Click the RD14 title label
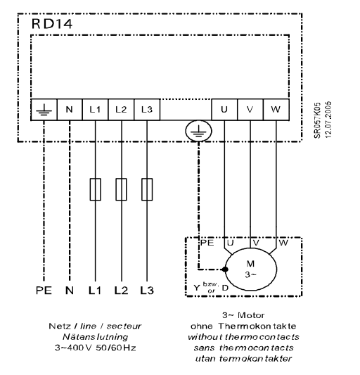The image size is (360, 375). pyautogui.click(x=51, y=24)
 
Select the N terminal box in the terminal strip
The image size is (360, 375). pyautogui.click(x=70, y=110)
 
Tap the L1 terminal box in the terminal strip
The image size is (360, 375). pyautogui.click(x=96, y=110)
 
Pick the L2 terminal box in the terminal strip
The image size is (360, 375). pyautogui.click(x=121, y=110)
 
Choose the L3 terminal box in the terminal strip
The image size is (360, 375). pyautogui.click(x=147, y=110)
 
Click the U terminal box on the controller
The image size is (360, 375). pyautogui.click(x=224, y=110)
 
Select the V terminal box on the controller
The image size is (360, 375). pyautogui.click(x=250, y=110)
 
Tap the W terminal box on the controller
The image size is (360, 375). pyautogui.click(x=276, y=110)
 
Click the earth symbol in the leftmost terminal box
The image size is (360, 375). pyautogui.click(x=44, y=110)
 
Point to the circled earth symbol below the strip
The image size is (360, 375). pyautogui.click(x=198, y=131)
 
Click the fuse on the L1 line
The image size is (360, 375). pyautogui.click(x=96, y=189)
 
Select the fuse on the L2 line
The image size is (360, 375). pyautogui.click(x=121, y=189)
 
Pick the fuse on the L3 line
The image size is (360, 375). pyautogui.click(x=147, y=189)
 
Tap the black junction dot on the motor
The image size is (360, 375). pyautogui.click(x=225, y=269)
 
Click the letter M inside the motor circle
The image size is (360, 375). pyautogui.click(x=250, y=264)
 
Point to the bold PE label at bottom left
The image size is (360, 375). pyautogui.click(x=44, y=291)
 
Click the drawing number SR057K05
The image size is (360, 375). pyautogui.click(x=317, y=120)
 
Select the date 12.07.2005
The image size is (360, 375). pyautogui.click(x=328, y=120)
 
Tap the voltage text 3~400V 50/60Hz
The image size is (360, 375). pyautogui.click(x=96, y=348)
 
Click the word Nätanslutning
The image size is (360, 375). pyautogui.click(x=96, y=337)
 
